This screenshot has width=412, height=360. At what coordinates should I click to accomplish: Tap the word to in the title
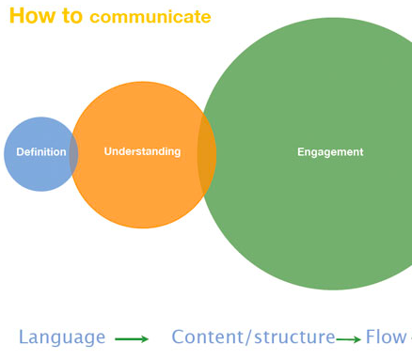[71, 16]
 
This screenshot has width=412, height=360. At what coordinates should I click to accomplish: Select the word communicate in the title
[151, 17]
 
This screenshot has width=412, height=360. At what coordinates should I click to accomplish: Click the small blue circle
[33, 174]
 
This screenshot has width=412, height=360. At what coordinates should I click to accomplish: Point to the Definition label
[41, 152]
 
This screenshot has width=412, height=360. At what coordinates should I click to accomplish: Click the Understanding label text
[142, 151]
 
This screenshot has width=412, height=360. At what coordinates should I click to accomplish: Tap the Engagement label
[330, 152]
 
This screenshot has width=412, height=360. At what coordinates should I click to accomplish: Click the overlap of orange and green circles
[207, 154]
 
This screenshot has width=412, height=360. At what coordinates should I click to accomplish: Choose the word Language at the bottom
[62, 337]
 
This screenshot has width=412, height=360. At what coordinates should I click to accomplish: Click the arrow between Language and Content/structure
[132, 339]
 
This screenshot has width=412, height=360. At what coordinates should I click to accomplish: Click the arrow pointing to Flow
[349, 339]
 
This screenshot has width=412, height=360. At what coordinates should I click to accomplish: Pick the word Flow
[386, 337]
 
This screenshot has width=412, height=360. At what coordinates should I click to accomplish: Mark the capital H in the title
[17, 16]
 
